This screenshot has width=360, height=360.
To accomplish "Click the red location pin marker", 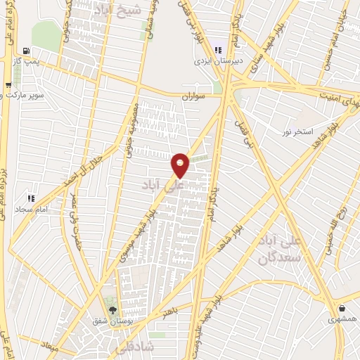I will (x=181, y=165).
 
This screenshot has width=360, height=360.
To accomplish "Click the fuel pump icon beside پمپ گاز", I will (x=26, y=51).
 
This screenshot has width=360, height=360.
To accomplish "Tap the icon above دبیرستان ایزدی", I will (x=218, y=50).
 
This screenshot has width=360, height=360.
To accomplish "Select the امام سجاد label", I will (x=31, y=210).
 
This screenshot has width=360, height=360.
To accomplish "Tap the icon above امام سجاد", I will (x=30, y=198).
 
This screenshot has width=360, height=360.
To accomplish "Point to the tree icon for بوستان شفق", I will (x=111, y=309).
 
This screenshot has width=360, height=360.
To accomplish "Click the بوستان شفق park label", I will (x=110, y=321).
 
